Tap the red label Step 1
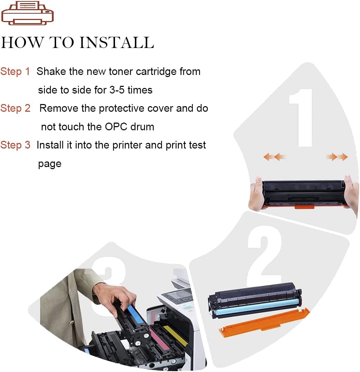15,71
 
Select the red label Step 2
15,108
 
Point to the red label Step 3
15,145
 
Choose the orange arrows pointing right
337,157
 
